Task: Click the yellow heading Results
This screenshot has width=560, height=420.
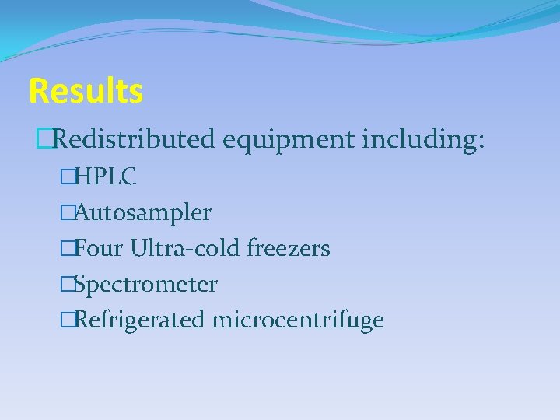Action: [86, 92]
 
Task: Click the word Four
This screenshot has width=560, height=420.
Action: [100, 248]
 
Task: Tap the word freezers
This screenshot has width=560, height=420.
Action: [289, 248]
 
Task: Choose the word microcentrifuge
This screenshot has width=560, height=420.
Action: [298, 320]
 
